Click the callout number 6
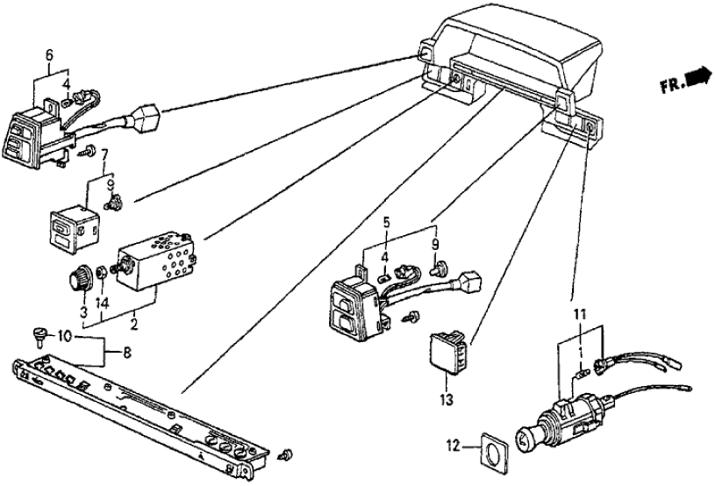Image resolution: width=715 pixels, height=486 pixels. tap(50, 55)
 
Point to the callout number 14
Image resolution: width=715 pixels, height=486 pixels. tap(104, 305)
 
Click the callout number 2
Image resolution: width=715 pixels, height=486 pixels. tap(132, 324)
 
